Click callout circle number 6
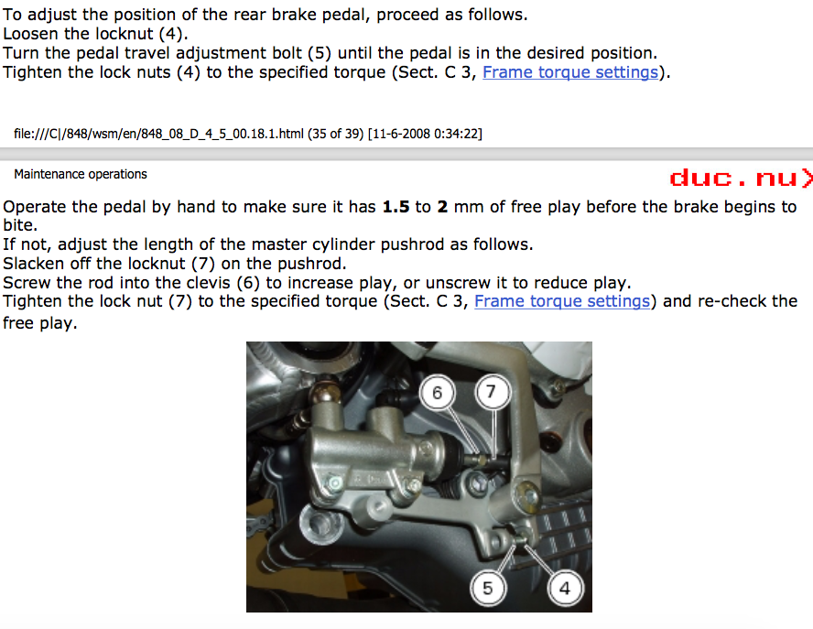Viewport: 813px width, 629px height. (x=437, y=393)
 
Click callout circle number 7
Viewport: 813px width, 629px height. (x=491, y=391)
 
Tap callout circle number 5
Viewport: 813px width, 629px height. (x=487, y=588)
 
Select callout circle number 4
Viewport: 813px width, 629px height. (x=565, y=588)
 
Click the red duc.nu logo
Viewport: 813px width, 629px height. (x=741, y=178)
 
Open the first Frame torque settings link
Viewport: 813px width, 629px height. (x=570, y=72)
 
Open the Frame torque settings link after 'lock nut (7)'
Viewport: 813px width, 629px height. (x=562, y=301)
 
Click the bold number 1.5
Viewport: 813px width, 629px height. (x=396, y=207)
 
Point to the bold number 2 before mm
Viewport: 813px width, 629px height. (x=442, y=207)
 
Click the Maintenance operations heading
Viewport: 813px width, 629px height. (x=81, y=174)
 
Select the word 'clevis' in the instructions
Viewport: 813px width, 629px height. (x=205, y=283)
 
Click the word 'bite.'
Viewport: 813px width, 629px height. (x=20, y=225)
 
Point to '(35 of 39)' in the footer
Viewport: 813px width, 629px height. (x=335, y=134)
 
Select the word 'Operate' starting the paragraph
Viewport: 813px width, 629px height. (x=35, y=207)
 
